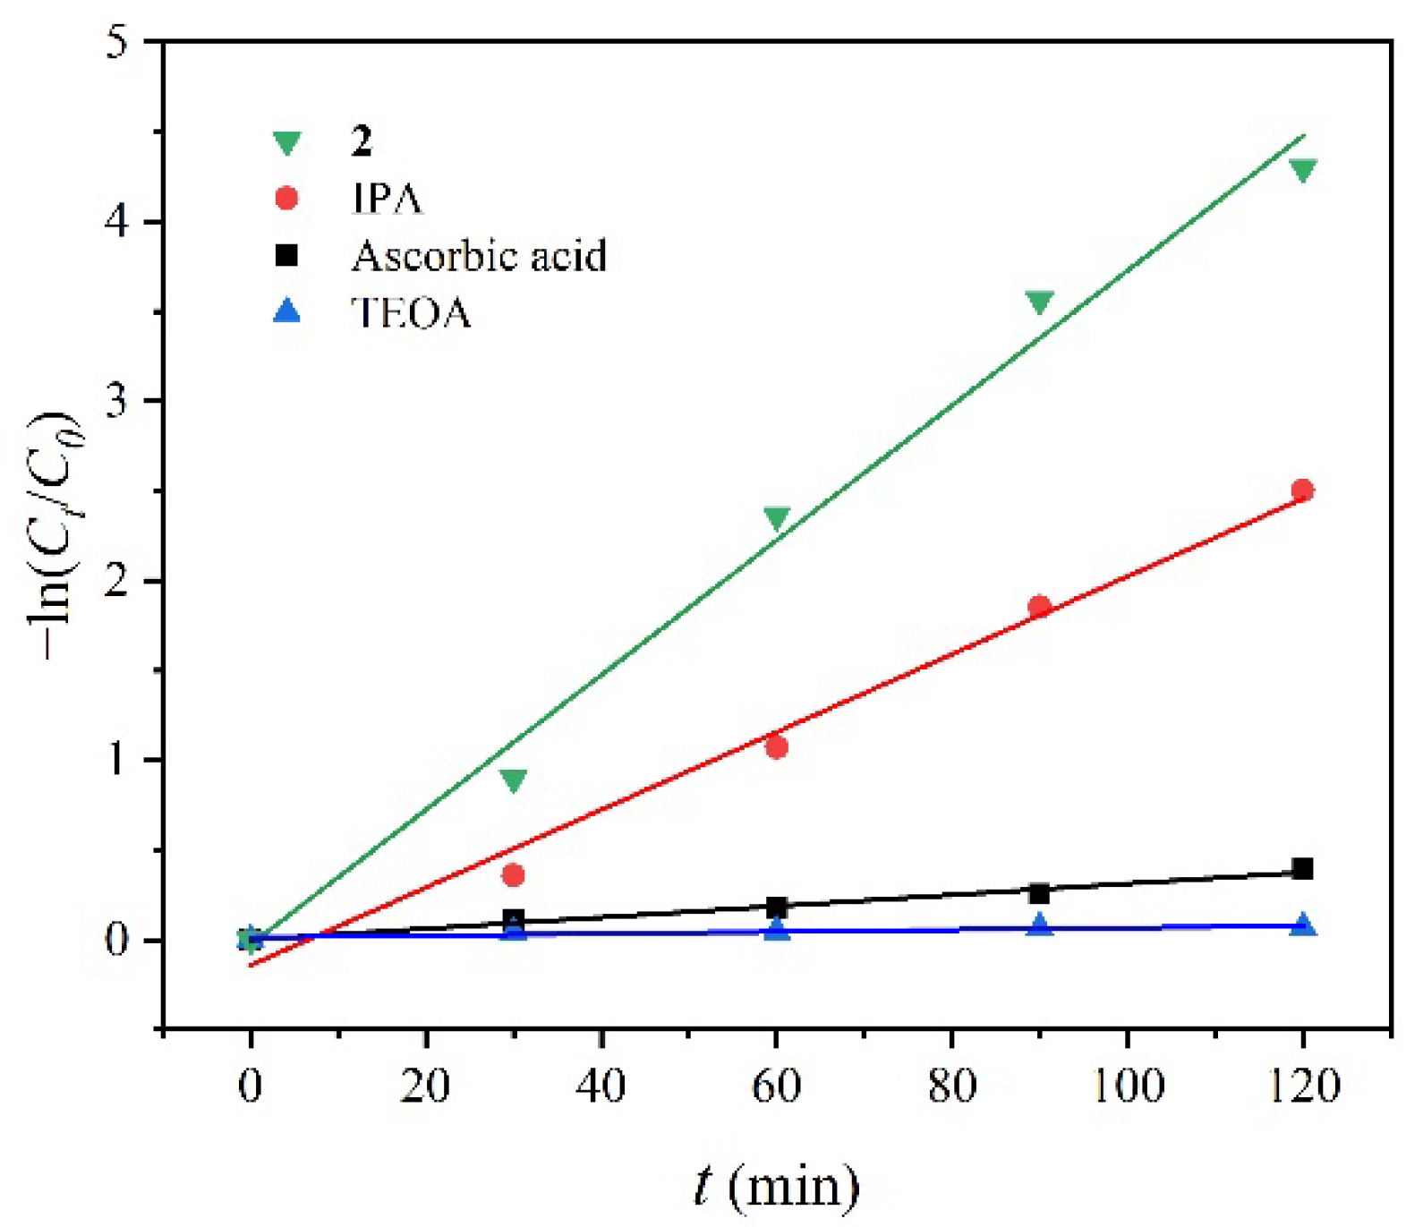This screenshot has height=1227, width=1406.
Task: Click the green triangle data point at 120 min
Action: [1303, 170]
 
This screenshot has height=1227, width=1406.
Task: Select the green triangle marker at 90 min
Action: [1039, 302]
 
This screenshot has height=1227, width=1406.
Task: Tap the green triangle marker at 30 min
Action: [514, 780]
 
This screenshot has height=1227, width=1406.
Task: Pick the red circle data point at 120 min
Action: [1303, 490]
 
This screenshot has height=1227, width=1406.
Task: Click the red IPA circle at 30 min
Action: [514, 875]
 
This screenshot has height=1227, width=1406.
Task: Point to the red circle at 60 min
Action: [777, 747]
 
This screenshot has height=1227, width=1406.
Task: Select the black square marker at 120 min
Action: [1303, 868]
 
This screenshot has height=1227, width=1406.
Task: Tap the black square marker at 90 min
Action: [1039, 893]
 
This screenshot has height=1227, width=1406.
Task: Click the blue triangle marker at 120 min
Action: [1303, 925]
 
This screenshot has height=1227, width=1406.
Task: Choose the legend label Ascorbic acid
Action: [479, 256]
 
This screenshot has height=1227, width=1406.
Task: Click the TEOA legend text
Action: [411, 313]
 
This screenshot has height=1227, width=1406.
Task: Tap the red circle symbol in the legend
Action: [286, 198]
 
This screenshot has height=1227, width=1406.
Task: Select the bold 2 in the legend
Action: [361, 141]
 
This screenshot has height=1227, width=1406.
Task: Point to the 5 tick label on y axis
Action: [117, 42]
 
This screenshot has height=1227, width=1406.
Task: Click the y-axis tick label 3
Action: [117, 402]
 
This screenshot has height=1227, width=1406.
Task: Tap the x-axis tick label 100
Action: [1127, 1086]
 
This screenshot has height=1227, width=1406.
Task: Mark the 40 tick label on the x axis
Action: [601, 1086]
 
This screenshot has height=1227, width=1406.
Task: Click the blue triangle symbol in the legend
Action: [286, 311]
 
